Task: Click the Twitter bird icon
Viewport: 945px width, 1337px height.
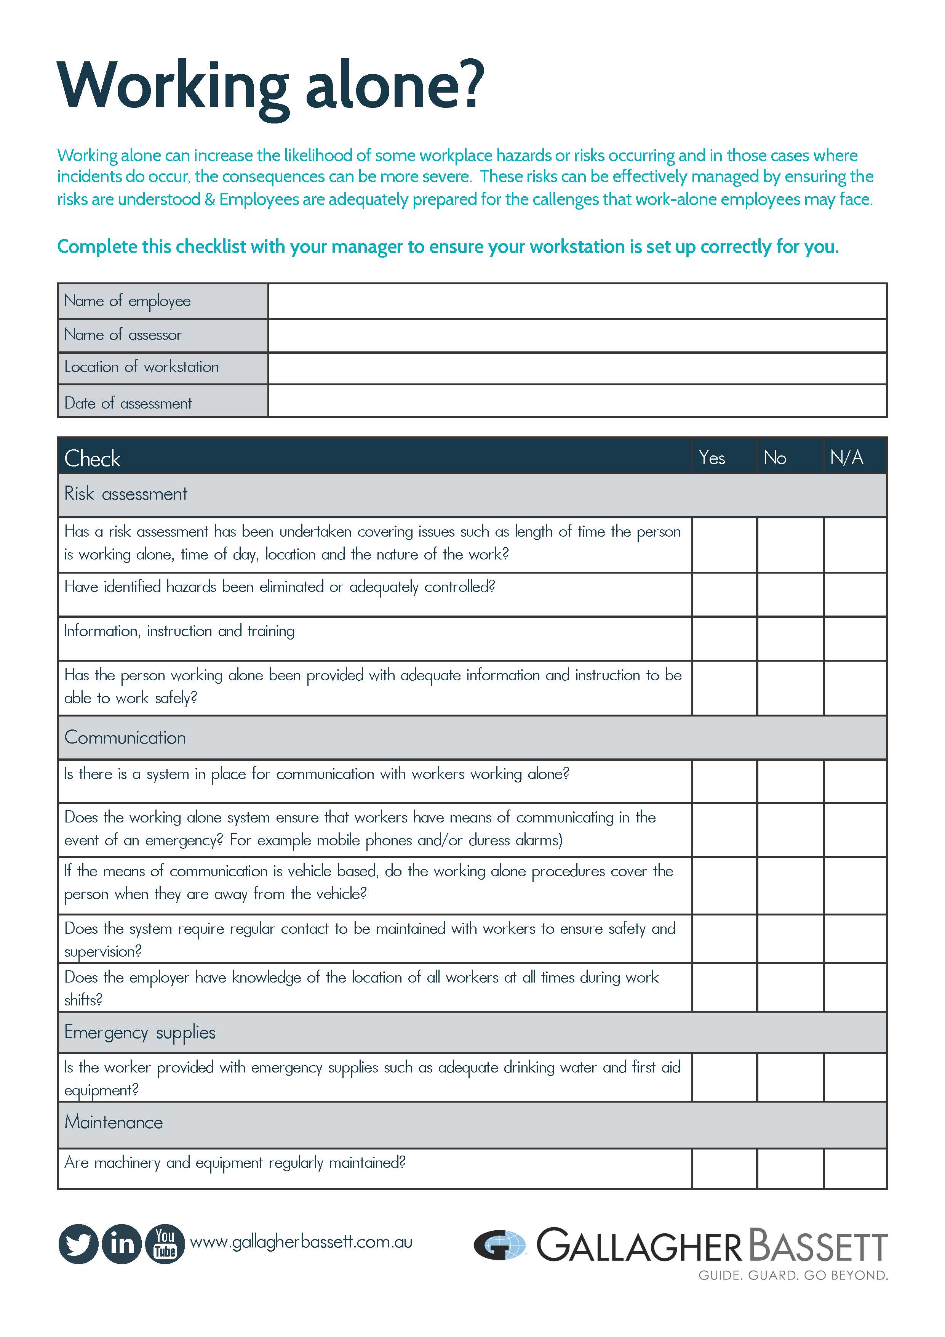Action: coord(78,1244)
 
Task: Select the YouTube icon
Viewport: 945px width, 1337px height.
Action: coord(165,1244)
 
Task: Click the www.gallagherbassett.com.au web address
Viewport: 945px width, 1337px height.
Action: coord(301,1242)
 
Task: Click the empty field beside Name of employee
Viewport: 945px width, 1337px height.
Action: coord(577,301)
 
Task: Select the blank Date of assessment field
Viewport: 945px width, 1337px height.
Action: coord(577,401)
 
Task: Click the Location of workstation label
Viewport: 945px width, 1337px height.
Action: coord(141,367)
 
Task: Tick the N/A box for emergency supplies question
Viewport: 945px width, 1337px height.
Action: coord(855,1077)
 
